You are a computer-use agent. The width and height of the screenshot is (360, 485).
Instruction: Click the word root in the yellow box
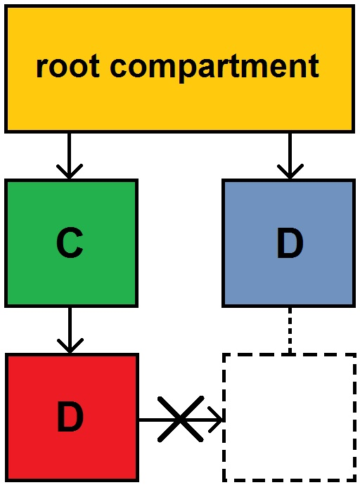pyautogui.click(x=67, y=66)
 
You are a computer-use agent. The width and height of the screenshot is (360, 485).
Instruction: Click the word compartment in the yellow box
pyautogui.click(x=214, y=68)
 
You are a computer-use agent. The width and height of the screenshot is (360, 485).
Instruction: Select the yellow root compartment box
pyautogui.click(x=179, y=69)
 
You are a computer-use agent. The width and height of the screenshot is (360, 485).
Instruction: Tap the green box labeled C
pyautogui.click(x=71, y=243)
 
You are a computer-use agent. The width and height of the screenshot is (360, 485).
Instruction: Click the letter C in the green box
pyautogui.click(x=70, y=242)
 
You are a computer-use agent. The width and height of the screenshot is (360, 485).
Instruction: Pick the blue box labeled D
pyautogui.click(x=289, y=243)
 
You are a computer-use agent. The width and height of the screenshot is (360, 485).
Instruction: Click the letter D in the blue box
pyautogui.click(x=290, y=243)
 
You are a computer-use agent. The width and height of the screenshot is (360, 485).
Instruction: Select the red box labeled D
pyautogui.click(x=72, y=418)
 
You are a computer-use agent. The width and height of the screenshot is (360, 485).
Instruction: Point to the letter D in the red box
pyautogui.click(x=70, y=418)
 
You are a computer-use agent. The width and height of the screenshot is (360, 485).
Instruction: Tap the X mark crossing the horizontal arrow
pyautogui.click(x=181, y=419)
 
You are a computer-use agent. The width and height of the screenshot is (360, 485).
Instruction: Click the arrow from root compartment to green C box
pyautogui.click(x=70, y=156)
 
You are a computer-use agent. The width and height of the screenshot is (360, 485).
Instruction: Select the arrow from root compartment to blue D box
pyautogui.click(x=290, y=156)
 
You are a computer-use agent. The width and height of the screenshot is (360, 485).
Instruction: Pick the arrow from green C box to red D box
pyautogui.click(x=70, y=330)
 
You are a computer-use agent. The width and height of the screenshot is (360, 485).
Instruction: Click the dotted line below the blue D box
pyautogui.click(x=290, y=330)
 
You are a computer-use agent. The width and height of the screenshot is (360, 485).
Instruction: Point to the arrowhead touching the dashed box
pyautogui.click(x=216, y=420)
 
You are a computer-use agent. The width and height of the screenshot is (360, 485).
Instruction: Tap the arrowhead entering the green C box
pyautogui.click(x=70, y=172)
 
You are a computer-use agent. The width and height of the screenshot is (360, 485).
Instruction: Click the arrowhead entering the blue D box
pyautogui.click(x=290, y=172)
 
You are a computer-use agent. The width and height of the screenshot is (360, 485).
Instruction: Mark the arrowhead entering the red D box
pyautogui.click(x=70, y=346)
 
